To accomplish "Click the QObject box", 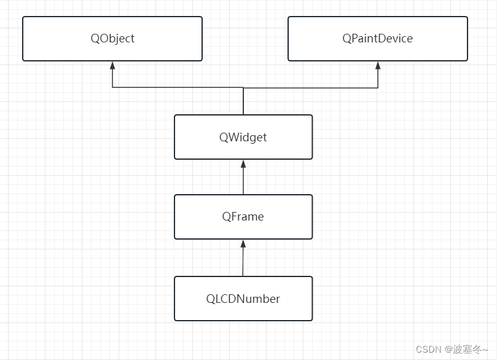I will click(112, 39).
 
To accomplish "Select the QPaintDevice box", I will click(377, 39).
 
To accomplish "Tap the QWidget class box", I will click(243, 137).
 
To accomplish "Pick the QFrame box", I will click(243, 217).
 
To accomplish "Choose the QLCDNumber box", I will click(243, 299).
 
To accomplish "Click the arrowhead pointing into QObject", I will click(112, 65).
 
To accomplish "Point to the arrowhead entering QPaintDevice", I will click(378, 65).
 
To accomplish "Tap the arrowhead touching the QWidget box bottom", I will click(243, 164).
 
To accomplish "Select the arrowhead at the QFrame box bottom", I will click(243, 244).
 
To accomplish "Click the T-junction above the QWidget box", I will click(243, 88).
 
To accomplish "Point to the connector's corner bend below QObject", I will click(112, 88).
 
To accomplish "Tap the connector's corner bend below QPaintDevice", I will click(378, 88).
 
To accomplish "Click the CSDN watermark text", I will click(429, 350).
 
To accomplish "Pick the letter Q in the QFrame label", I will click(227, 217).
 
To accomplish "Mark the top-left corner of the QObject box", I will click(23, 17).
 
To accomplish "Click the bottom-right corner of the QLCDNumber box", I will click(311, 319).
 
